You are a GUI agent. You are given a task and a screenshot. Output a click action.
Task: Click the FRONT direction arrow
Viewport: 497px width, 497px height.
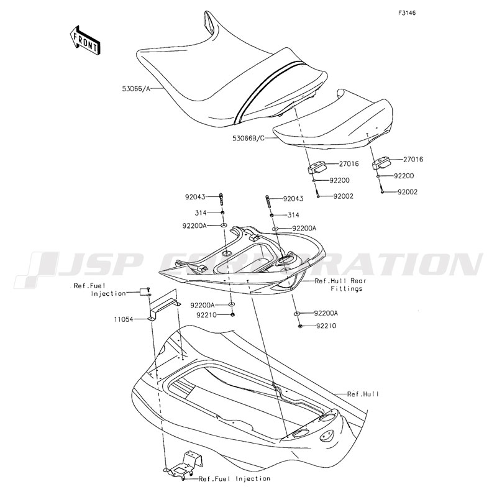[85, 41]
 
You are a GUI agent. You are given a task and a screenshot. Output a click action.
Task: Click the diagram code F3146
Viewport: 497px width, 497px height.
[407, 13]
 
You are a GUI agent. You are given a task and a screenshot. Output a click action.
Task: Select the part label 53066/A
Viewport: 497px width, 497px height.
[136, 89]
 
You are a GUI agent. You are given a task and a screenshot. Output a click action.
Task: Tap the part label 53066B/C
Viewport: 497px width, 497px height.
[248, 138]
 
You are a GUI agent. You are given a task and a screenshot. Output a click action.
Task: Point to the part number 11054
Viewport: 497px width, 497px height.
[124, 319]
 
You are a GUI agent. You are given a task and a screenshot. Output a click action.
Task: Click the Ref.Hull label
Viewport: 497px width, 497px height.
[363, 394]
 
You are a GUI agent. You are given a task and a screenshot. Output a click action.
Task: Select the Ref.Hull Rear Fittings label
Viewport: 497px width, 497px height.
[340, 285]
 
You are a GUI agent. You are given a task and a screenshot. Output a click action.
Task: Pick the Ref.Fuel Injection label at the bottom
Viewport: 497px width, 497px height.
[234, 478]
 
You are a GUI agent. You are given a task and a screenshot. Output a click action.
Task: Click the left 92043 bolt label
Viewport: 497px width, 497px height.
[195, 197]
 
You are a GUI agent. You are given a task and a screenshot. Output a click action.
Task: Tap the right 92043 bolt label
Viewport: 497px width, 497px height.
[293, 199]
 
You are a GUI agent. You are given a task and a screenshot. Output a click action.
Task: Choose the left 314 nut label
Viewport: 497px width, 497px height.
[201, 213]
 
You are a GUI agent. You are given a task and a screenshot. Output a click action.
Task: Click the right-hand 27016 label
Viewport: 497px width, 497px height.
[413, 160]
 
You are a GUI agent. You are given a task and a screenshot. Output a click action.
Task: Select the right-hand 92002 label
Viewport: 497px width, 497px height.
[408, 192]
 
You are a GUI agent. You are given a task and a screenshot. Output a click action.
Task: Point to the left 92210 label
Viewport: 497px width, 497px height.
[206, 315]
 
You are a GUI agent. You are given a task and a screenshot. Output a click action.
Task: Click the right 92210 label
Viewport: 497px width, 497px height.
[326, 326]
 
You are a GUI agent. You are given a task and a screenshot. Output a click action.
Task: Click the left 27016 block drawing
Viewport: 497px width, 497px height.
[316, 167]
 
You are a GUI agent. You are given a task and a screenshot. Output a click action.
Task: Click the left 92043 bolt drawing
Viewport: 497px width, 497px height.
[221, 199]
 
